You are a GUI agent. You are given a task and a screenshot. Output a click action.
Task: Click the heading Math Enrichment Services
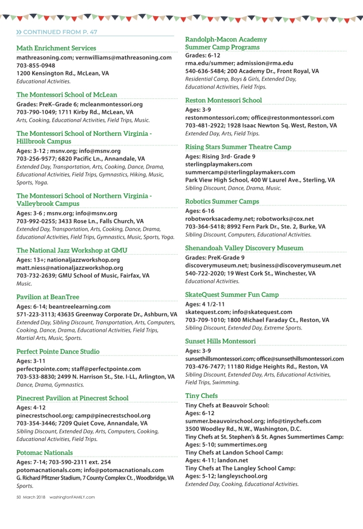[56, 48]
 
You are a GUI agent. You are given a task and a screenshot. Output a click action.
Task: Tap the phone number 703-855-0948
[36, 66]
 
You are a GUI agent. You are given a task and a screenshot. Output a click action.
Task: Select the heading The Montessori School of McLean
[67, 95]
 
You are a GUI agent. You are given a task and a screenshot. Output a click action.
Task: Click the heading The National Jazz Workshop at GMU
[72, 250]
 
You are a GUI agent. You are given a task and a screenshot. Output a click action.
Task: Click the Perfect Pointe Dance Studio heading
[58, 351]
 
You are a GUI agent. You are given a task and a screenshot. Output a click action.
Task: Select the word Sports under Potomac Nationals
[25, 486]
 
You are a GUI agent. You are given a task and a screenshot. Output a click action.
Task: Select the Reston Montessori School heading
[223, 100]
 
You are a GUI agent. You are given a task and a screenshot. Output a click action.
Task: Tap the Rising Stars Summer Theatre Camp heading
[238, 147]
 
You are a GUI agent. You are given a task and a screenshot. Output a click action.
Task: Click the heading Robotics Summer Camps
[222, 202]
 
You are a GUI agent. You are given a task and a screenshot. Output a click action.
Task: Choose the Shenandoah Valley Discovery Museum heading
[244, 248]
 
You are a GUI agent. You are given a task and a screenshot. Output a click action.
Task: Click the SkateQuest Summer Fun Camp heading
[232, 294]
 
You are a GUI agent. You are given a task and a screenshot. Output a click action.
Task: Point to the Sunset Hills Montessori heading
[221, 341]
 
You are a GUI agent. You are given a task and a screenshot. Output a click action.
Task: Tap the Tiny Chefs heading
[201, 396]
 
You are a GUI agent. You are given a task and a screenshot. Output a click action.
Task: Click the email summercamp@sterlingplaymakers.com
[232, 172]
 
